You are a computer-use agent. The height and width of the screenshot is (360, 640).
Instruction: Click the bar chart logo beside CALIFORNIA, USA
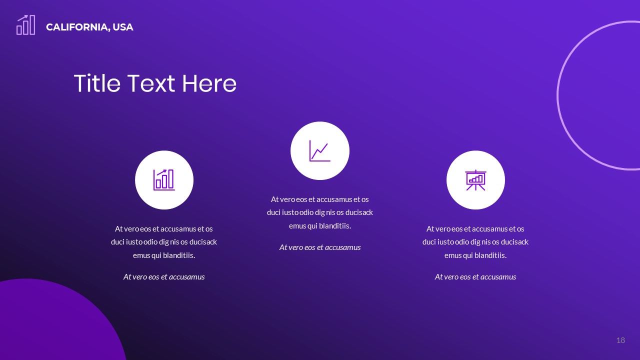click(26, 25)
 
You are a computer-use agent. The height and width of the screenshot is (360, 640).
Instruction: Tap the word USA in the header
click(123, 27)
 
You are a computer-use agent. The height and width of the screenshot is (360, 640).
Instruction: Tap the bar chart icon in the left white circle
click(164, 180)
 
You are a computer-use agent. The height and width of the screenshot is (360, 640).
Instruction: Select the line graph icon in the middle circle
click(319, 150)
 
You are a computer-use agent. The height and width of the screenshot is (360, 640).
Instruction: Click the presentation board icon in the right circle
click(475, 180)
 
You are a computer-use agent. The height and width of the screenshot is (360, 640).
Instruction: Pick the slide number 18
click(620, 340)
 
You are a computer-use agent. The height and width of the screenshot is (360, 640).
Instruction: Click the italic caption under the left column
click(164, 276)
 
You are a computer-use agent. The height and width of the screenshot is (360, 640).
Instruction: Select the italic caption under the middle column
click(320, 247)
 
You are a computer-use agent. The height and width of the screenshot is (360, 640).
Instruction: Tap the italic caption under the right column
click(475, 276)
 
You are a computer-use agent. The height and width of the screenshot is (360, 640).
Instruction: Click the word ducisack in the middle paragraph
click(358, 212)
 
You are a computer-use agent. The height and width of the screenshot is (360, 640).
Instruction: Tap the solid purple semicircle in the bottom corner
click(55, 325)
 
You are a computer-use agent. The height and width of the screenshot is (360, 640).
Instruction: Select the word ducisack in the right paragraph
click(513, 242)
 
